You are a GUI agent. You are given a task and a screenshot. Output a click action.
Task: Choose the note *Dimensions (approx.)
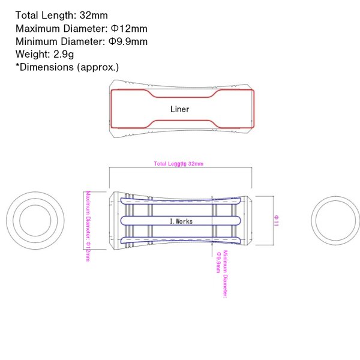67,67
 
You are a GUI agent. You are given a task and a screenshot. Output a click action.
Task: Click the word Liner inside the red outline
179,109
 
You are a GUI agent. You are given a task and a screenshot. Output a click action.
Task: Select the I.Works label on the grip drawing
181,220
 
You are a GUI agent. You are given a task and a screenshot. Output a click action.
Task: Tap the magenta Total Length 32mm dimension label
178,164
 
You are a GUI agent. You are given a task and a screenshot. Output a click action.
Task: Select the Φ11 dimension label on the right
275,220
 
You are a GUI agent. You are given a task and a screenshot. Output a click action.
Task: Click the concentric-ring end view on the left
35,220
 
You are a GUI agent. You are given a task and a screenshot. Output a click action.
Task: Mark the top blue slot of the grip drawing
180,201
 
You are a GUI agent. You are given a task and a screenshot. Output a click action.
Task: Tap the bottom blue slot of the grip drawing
180,240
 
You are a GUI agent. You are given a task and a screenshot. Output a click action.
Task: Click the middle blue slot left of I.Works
144,220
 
